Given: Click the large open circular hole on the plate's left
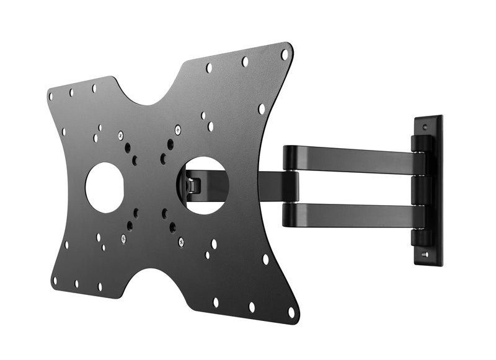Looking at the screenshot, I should pos(104,187).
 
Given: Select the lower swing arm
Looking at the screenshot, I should pos(353,215).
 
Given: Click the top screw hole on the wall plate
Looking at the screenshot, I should pos(425,127).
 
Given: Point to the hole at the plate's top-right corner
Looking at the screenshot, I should pos(284,54).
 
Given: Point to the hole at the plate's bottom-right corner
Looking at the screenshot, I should pos(291,312).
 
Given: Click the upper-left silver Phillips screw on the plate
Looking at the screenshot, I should pos(120,135).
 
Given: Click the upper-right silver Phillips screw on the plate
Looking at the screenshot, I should pos(178,130).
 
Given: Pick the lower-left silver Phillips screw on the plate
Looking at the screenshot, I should pos(123,239).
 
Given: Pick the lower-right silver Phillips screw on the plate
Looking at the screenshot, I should pos(181,242).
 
